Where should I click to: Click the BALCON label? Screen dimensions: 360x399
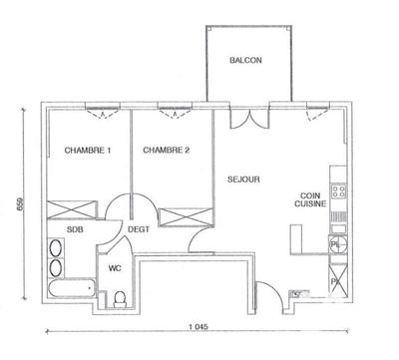coord(245,61)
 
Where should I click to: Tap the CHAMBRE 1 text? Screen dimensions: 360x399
coord(88,151)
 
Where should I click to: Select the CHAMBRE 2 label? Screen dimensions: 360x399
coord(166,151)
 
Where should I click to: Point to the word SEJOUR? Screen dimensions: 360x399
coord(243,180)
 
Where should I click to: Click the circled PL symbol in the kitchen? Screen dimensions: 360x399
coord(337,243)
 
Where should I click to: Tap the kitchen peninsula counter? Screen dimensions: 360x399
coord(295,240)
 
